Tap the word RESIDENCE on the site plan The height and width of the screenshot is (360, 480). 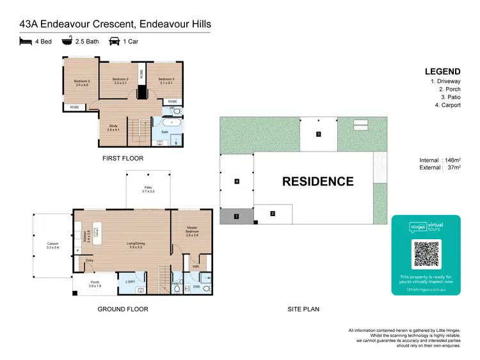(x=317, y=182)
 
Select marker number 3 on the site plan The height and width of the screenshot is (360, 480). (x=318, y=134)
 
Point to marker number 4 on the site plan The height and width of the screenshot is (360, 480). (x=237, y=182)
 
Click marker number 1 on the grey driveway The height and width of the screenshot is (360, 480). (x=237, y=217)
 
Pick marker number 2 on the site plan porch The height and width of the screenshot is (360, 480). (x=273, y=214)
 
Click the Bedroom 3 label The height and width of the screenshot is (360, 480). (x=166, y=81)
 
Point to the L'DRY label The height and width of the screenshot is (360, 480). (x=131, y=281)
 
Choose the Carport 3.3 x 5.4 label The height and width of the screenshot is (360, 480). (x=52, y=245)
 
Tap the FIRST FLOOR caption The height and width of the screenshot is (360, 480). (x=123, y=158)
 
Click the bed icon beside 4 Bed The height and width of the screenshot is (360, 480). (x=26, y=42)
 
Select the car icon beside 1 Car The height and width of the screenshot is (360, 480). (x=115, y=42)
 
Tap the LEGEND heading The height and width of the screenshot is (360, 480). (x=442, y=72)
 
